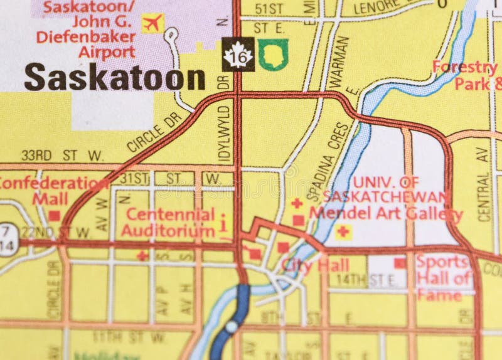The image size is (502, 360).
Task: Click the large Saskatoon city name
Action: pos(115,78)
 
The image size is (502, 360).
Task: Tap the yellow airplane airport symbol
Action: pos(152,23)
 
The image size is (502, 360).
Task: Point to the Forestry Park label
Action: pos(468,75)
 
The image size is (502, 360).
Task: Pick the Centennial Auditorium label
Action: pos(168,223)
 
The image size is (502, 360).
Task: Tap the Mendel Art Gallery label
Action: pos(387,214)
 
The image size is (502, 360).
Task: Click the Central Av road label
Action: pos(483,181)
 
